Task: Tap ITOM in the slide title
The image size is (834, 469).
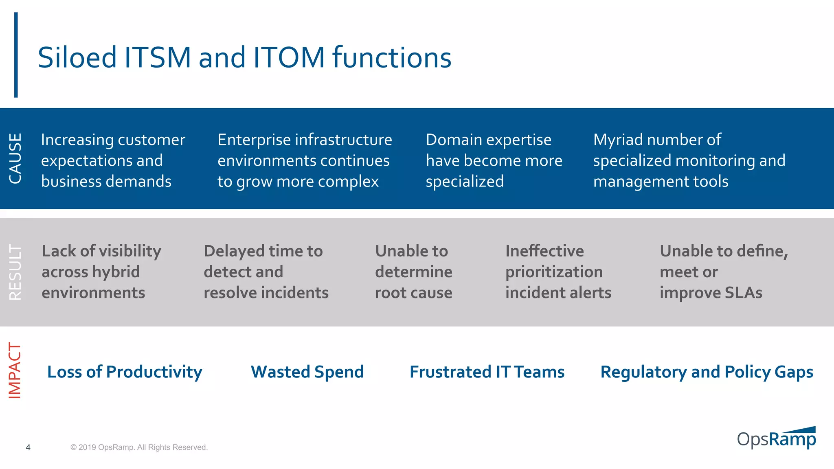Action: coord(288,57)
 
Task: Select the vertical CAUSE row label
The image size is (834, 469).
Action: coord(15,158)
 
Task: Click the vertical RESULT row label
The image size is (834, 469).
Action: coord(15,272)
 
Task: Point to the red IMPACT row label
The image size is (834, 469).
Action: coord(15,370)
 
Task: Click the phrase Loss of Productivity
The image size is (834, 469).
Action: coord(125,372)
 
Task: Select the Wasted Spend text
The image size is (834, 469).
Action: coord(307,372)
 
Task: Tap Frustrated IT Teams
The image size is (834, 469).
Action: coord(487,372)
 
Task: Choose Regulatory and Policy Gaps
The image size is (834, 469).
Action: coord(707,372)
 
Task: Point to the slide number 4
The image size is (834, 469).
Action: coord(28,447)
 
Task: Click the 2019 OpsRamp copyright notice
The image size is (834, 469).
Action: coord(139,447)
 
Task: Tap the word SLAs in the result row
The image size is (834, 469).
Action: coord(743,293)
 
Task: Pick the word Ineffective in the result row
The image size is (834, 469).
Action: coord(544,251)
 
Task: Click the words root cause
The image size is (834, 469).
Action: coord(413,293)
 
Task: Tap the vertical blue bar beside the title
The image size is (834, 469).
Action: coord(16,55)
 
